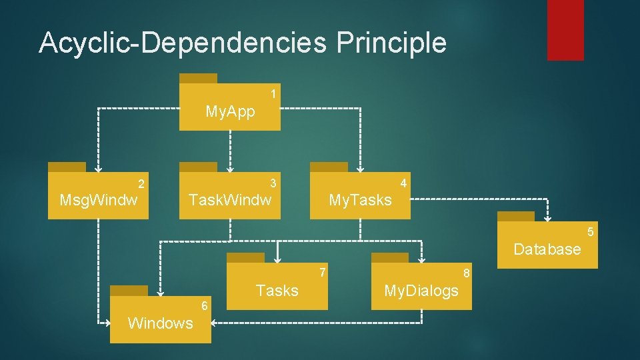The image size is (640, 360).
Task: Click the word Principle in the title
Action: pyautogui.click(x=391, y=42)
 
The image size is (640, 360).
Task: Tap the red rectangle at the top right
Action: pyautogui.click(x=565, y=30)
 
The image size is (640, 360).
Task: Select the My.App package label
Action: pyautogui.click(x=230, y=111)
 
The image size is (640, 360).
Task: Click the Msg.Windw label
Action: pyautogui.click(x=99, y=200)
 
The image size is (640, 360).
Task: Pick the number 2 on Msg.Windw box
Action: pyautogui.click(x=141, y=183)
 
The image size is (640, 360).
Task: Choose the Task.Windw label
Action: pyautogui.click(x=230, y=199)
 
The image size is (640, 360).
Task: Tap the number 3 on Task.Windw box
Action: pyautogui.click(x=273, y=183)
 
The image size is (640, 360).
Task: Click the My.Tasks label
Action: pyautogui.click(x=360, y=200)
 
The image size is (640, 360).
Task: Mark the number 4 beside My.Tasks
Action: pyautogui.click(x=403, y=182)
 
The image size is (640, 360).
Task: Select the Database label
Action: pyautogui.click(x=547, y=249)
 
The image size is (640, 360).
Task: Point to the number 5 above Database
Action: pyautogui.click(x=590, y=232)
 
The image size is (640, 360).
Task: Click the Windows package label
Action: pyautogui.click(x=160, y=323)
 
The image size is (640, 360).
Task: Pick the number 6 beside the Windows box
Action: pyautogui.click(x=205, y=306)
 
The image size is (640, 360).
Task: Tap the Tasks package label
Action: pyautogui.click(x=277, y=291)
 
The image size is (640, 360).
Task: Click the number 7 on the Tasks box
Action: pyautogui.click(x=322, y=272)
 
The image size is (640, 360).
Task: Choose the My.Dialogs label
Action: pyautogui.click(x=421, y=291)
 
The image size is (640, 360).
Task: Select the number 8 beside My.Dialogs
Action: pyautogui.click(x=467, y=273)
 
